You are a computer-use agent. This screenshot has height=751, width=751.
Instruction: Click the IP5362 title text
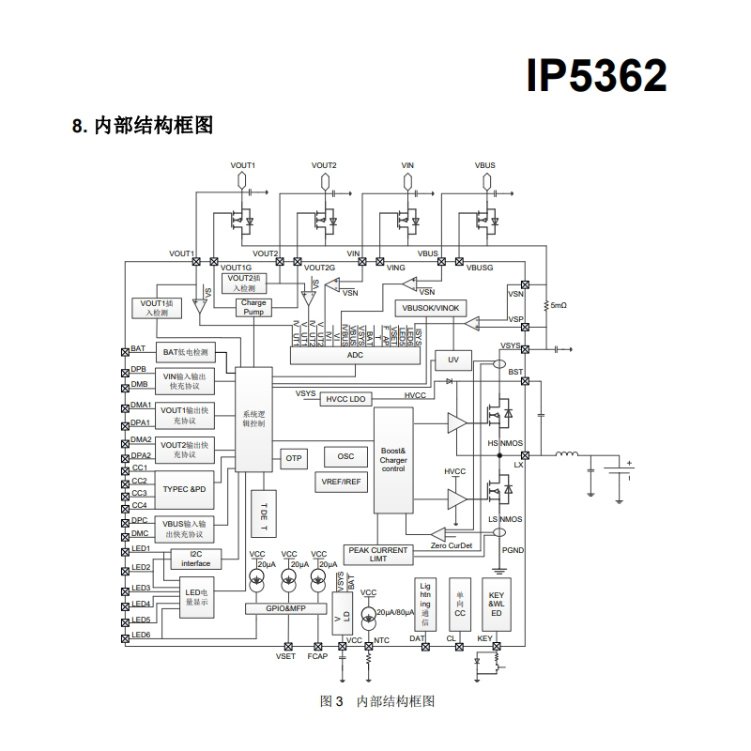pos(596,76)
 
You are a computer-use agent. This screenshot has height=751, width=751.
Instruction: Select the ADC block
pos(355,355)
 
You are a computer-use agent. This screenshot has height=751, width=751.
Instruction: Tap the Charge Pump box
pos(253,307)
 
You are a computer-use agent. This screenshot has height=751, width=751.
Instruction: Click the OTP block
pos(294,458)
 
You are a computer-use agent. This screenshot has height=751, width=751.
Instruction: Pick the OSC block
pos(345,456)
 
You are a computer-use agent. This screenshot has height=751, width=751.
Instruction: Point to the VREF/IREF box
pos(340,482)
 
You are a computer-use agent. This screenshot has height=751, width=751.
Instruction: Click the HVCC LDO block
pos(345,399)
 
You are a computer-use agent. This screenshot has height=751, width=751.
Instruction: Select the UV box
pos(452,360)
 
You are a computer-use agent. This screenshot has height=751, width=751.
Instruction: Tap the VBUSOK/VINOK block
pos(430,308)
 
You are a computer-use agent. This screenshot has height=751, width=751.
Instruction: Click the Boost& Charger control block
pos(393,461)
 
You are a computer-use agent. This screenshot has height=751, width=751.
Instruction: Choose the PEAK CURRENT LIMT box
pos(378,554)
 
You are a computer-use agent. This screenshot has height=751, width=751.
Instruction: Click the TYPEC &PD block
pos(184,489)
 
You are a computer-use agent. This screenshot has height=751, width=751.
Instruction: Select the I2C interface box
pos(195,559)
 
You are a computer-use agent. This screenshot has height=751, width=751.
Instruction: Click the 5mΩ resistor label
pos(559,305)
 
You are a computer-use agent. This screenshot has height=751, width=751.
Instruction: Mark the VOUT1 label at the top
pos(243,165)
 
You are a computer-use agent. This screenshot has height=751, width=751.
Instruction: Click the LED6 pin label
pos(141,636)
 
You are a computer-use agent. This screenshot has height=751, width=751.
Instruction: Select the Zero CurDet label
pos(452,544)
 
